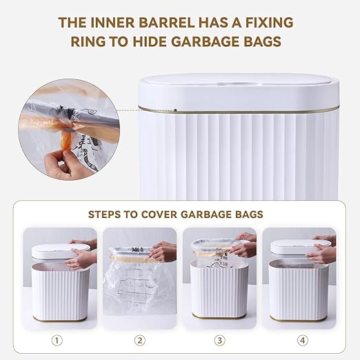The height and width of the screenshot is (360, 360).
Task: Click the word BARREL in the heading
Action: tap(170, 23)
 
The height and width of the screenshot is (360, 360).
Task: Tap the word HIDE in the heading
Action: tap(163, 42)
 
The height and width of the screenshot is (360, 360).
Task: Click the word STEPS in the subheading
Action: tap(106, 214)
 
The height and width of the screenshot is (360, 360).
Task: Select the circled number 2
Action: tap(140, 340)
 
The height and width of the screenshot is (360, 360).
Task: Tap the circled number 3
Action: tap(220, 340)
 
